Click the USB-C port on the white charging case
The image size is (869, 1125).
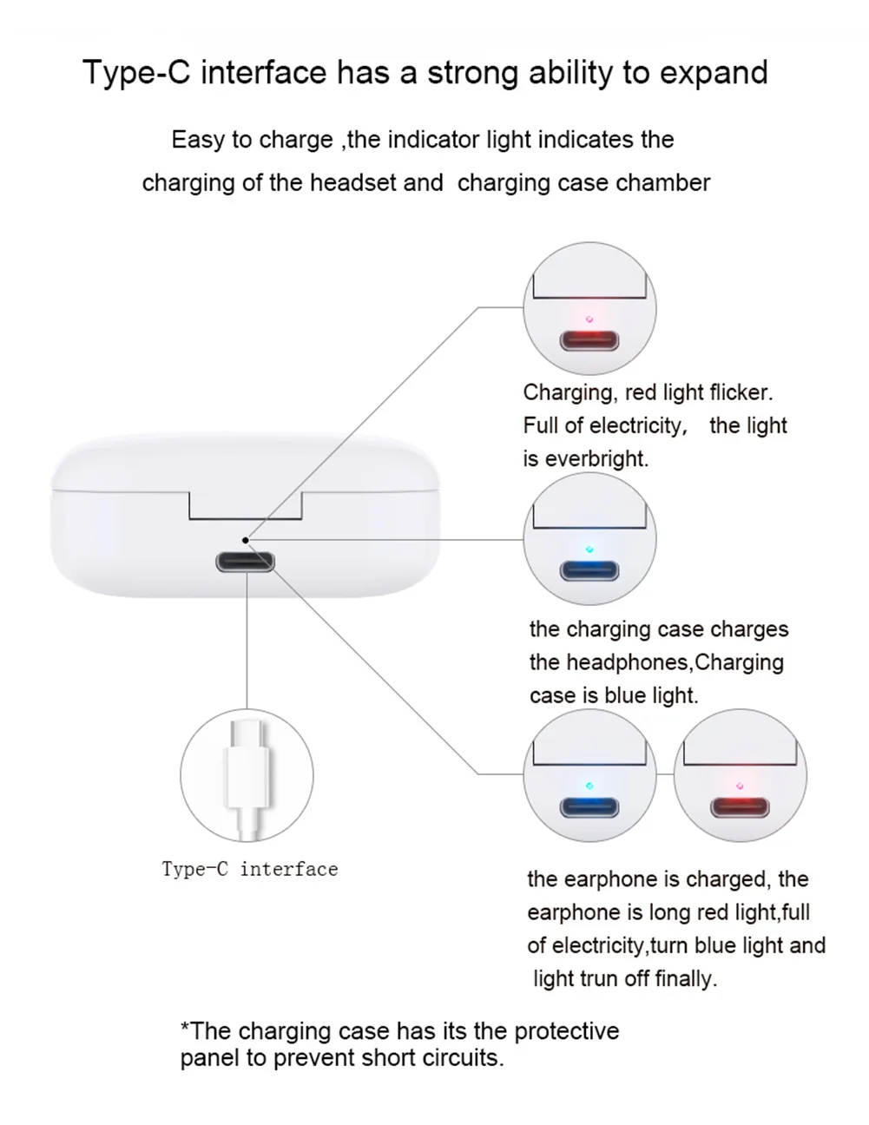(246, 562)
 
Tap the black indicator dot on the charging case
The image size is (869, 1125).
(246, 540)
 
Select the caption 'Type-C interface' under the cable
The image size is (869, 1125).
(250, 869)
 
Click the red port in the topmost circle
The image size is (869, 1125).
(589, 339)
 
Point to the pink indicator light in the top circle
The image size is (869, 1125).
(589, 319)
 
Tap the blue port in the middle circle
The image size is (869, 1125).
(589, 571)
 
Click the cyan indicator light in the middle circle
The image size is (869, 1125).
(589, 549)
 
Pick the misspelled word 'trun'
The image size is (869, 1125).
(599, 978)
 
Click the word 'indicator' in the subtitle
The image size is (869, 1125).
(433, 140)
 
